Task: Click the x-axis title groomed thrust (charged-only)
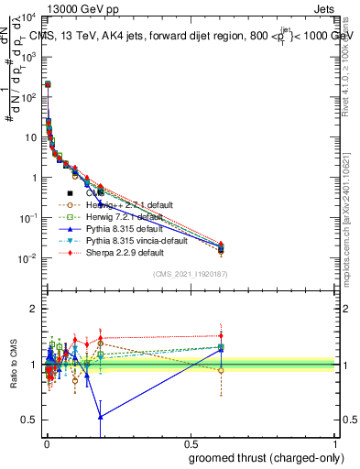(x=266, y=457)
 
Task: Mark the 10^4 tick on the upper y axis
(x=28, y=17)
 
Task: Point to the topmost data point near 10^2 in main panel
(x=48, y=84)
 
